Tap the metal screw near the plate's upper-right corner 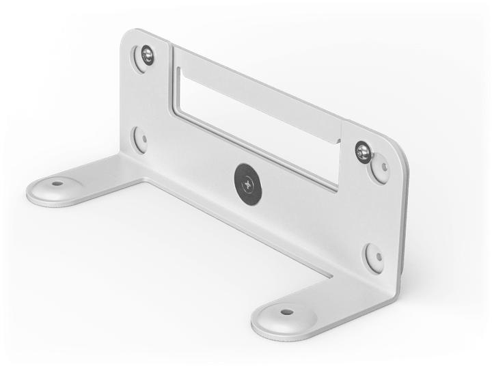click(x=364, y=152)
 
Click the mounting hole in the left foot click(x=57, y=183)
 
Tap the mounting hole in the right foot click(x=286, y=312)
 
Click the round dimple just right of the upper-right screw click(x=381, y=166)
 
